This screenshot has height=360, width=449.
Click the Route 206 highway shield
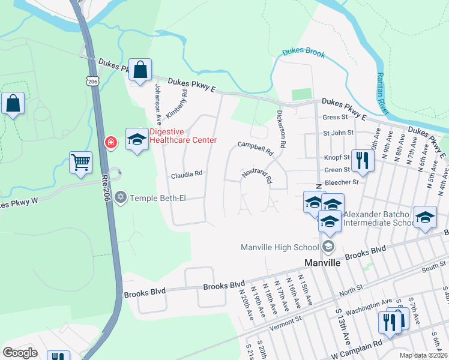[92, 81]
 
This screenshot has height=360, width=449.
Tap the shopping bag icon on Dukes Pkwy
[140, 70]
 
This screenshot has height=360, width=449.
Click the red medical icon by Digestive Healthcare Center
[110, 142]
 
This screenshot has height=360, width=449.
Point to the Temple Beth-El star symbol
[120, 197]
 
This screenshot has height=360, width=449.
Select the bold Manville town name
[323, 263]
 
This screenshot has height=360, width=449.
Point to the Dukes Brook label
[304, 54]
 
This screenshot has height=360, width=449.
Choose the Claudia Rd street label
[187, 175]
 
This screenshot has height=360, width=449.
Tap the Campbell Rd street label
[255, 145]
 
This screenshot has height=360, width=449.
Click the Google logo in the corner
[20, 352]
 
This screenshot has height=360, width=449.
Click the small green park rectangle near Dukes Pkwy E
[302, 94]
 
